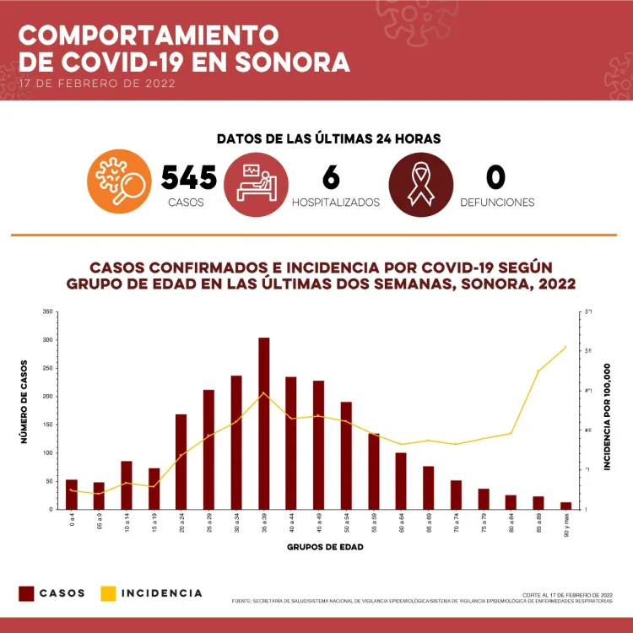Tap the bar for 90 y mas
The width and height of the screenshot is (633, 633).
pos(565,506)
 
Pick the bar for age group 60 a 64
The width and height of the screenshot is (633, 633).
pos(401,481)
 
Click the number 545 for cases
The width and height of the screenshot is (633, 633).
pos(189,177)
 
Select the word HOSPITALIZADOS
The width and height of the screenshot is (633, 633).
pos(336,203)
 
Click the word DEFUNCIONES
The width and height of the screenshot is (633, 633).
pos(497,203)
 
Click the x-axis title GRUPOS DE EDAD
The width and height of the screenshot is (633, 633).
pos(325,547)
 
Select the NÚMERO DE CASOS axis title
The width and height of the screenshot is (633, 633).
pos(24,402)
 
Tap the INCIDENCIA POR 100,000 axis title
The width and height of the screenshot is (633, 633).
pos(607,417)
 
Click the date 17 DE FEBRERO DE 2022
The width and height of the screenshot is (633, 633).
pos(97,84)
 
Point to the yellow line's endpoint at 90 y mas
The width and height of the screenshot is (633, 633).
pos(565,347)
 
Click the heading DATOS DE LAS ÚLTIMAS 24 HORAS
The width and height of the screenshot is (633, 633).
pos(328,138)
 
